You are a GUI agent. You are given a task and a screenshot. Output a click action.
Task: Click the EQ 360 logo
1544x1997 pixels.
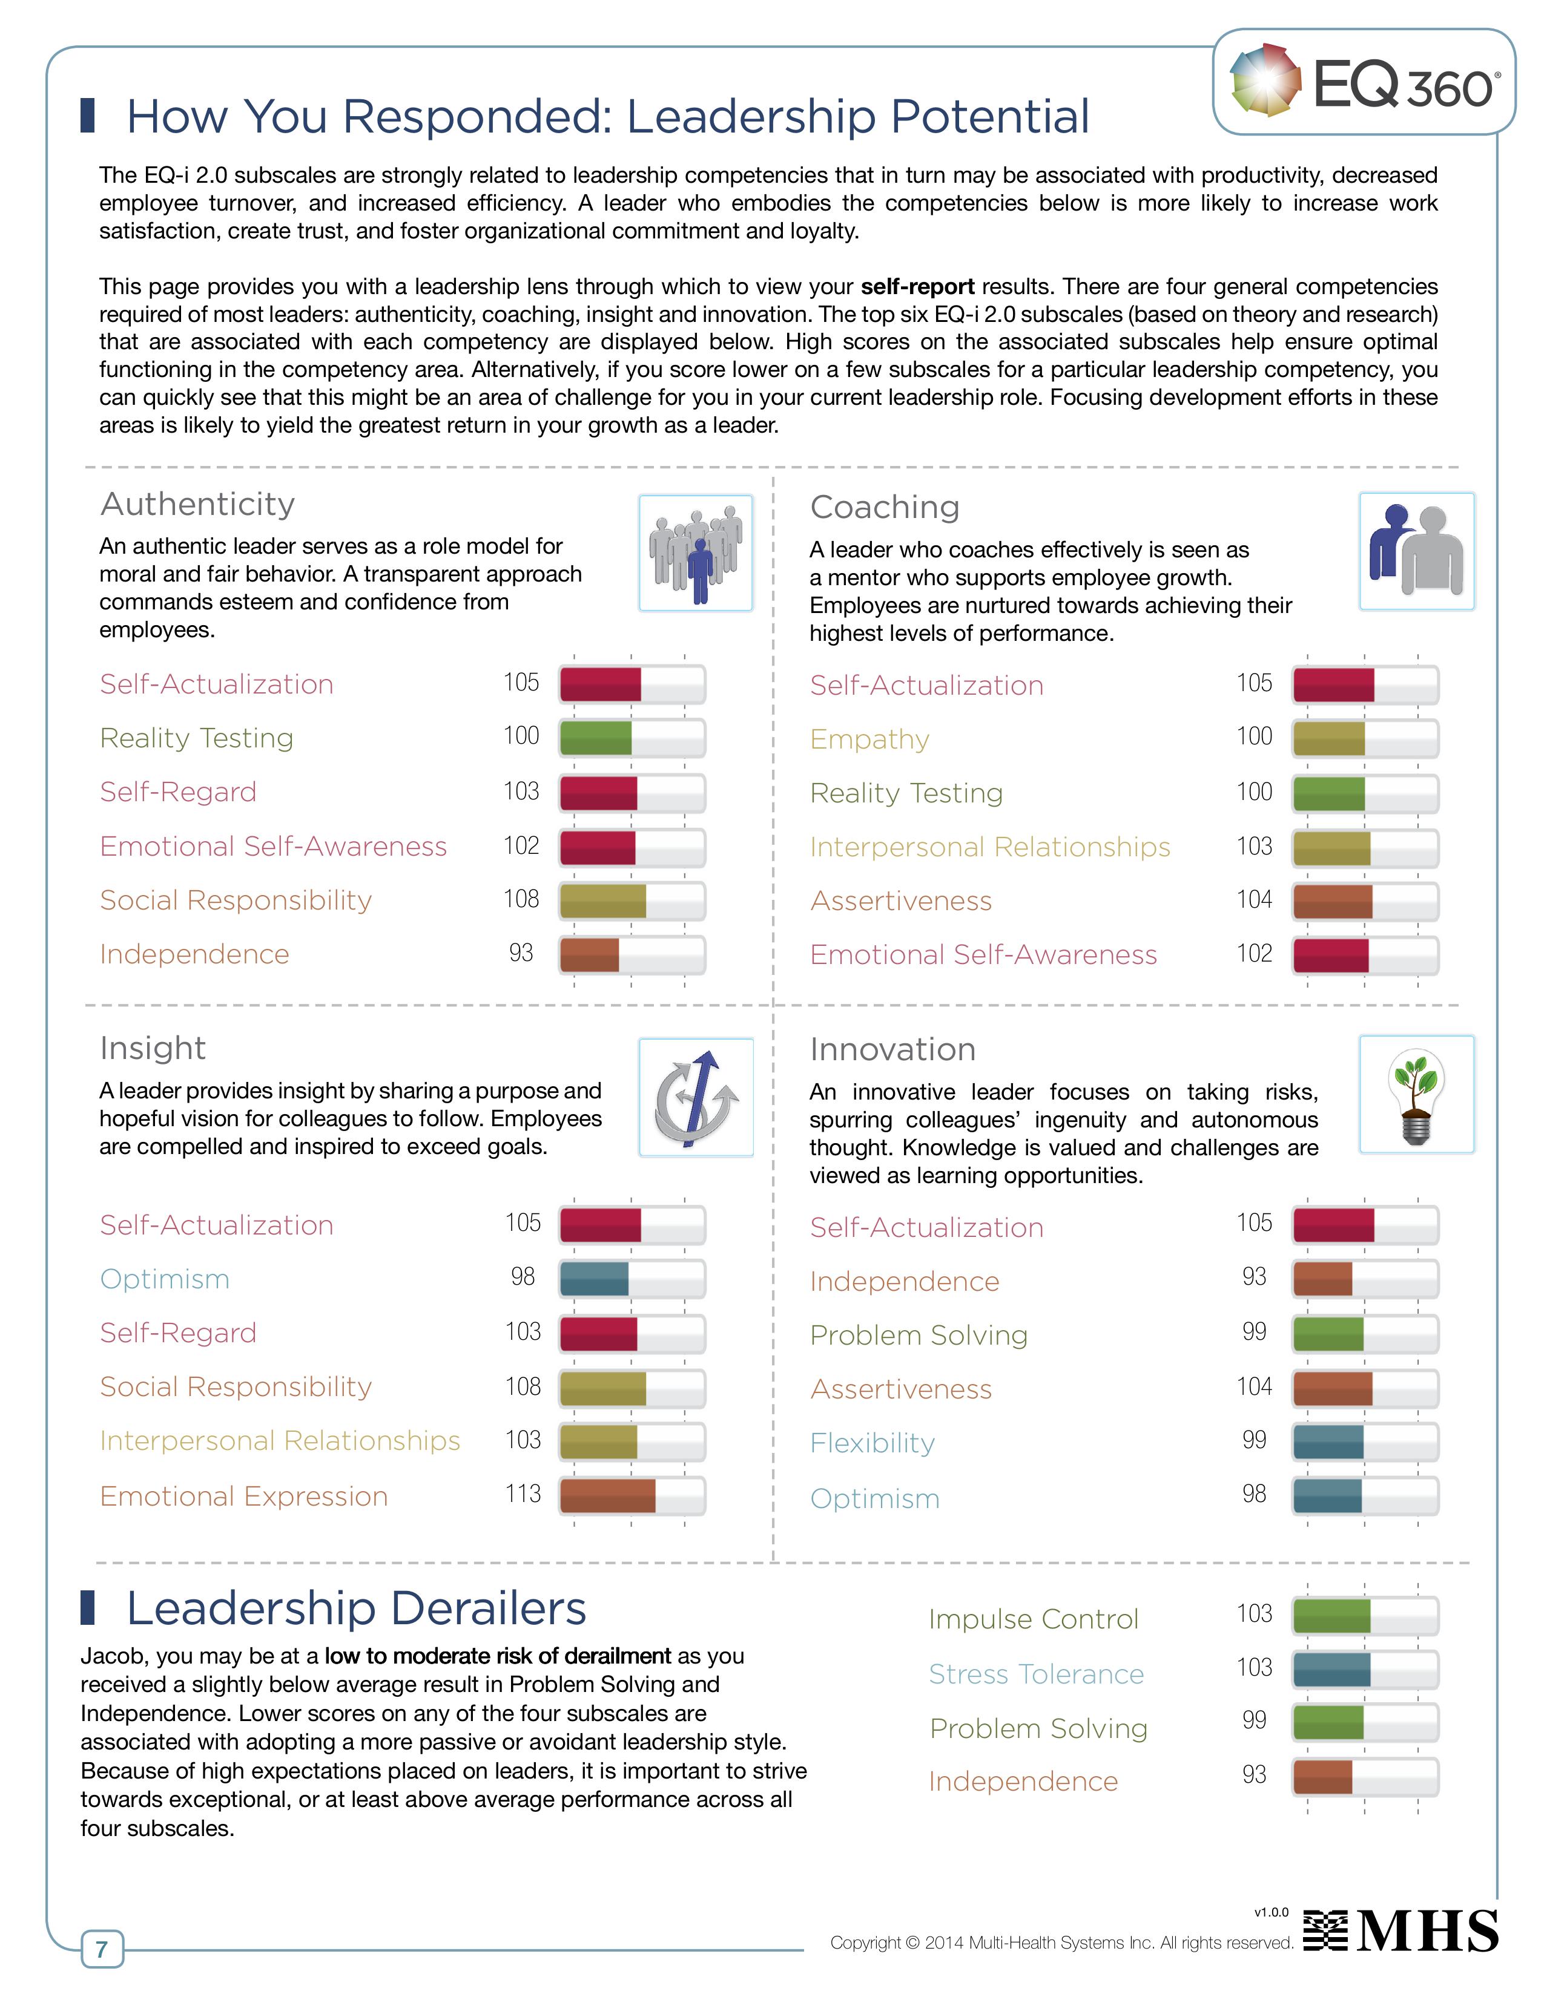pos(1363,82)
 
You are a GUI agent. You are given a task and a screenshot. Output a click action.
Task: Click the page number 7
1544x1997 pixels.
pos(102,1949)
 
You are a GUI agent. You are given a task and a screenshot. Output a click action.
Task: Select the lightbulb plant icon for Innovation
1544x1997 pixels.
pos(1416,1095)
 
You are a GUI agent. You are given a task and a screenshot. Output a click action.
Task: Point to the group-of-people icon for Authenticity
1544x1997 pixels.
pos(695,553)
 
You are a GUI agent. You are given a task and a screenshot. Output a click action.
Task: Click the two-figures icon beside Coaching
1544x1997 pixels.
pos(1416,551)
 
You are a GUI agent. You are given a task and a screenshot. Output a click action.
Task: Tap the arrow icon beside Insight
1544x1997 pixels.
pos(695,1097)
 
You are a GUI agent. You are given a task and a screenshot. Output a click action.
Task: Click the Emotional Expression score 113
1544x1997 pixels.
pos(523,1494)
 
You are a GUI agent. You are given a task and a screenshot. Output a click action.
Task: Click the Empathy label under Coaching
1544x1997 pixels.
pos(869,739)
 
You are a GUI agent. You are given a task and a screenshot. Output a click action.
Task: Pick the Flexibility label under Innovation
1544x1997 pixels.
pos(872,1443)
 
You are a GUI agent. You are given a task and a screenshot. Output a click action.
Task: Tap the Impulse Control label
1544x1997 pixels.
pos(1033,1619)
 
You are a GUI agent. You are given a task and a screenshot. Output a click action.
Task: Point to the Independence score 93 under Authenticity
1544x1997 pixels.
pos(521,953)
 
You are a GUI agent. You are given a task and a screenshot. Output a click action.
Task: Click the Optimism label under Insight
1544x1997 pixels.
pos(165,1279)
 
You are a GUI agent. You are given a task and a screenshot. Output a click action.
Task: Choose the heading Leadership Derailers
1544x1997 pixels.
pos(356,1608)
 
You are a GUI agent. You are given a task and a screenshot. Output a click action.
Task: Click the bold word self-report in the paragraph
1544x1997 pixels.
pos(917,286)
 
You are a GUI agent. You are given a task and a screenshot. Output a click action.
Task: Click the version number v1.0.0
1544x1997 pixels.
pos(1270,1912)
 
